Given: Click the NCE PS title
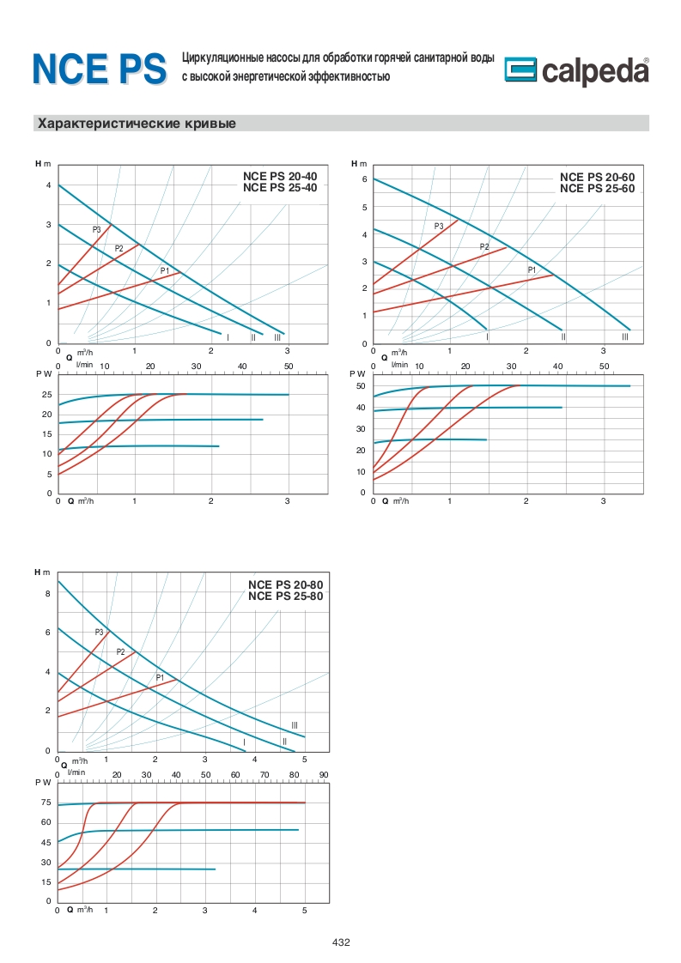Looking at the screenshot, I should click(99, 69).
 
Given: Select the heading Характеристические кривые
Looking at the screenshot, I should click(136, 124).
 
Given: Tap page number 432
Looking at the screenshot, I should click(341, 942).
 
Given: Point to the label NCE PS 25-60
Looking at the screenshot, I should click(597, 188).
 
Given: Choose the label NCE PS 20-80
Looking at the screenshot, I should click(285, 585).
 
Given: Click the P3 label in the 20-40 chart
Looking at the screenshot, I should click(97, 229).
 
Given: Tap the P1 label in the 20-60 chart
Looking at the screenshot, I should click(532, 270).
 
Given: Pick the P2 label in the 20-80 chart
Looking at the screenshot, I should click(121, 652).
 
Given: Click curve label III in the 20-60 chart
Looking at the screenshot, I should click(624, 337).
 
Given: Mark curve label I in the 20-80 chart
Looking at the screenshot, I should click(244, 742).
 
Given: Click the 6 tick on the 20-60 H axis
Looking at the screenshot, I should click(364, 179).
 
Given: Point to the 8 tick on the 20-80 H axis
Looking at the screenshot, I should click(48, 593).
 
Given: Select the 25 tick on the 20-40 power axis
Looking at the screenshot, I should click(47, 394).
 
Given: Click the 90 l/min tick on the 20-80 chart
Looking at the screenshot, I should click(324, 775).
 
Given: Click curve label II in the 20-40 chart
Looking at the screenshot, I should click(253, 337).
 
